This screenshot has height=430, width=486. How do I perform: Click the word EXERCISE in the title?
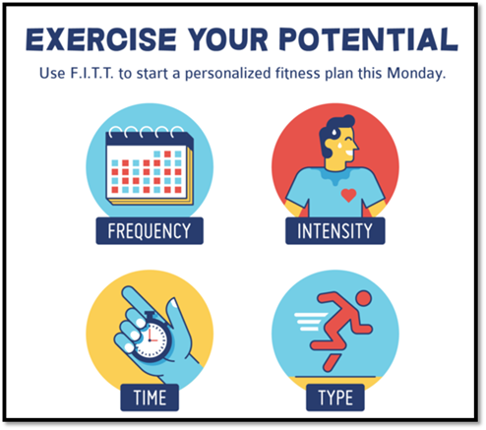101,39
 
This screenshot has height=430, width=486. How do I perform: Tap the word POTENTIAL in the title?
368,39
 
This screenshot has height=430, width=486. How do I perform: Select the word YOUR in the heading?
228,39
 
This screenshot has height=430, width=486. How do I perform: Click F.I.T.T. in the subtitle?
92,73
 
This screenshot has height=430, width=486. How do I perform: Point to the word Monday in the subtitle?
414,74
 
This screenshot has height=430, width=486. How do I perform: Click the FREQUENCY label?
150,231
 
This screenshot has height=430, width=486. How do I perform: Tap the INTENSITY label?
334,231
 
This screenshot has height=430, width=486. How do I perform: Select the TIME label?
150,398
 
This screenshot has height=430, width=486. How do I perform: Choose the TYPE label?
335,398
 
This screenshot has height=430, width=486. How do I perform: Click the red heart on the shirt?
348,195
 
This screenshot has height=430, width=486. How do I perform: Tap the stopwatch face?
152,340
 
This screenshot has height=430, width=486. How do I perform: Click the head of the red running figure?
363,299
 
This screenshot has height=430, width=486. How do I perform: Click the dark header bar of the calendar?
150,139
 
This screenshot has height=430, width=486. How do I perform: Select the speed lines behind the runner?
310,322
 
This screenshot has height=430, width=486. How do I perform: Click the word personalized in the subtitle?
228,74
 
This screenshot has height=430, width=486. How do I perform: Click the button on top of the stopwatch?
152,314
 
